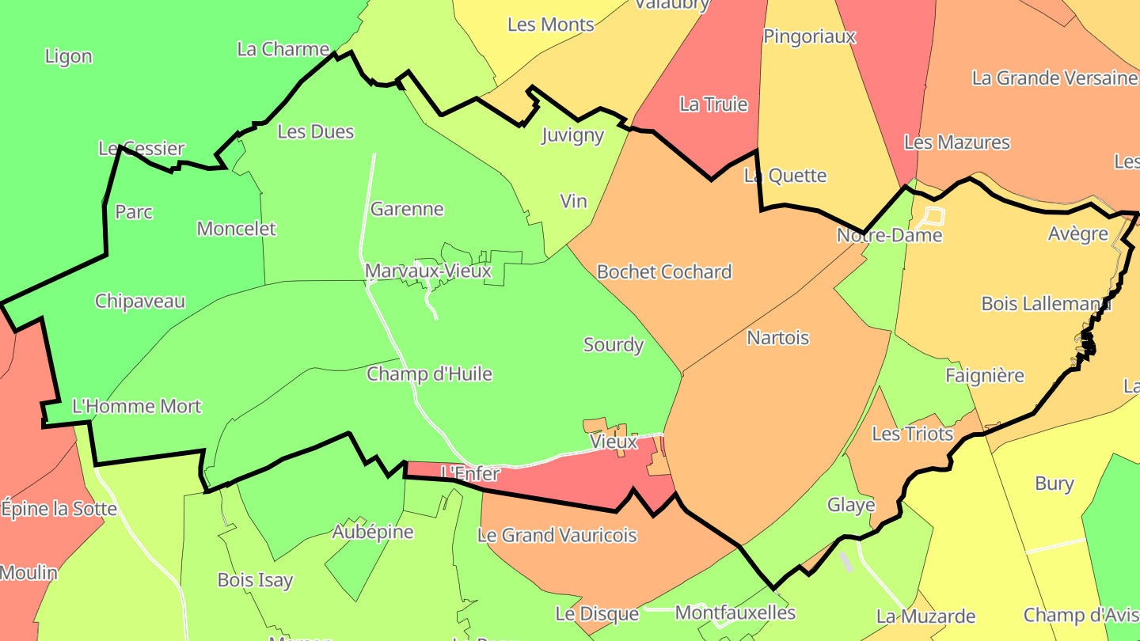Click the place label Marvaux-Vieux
point(427,271)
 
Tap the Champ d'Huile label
point(429,374)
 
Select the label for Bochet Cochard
point(663,272)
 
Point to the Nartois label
point(777,338)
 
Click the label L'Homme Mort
point(136,407)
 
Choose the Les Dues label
point(315,132)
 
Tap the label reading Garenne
point(407,210)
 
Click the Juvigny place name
point(572,135)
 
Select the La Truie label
point(713,104)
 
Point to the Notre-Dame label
point(889,236)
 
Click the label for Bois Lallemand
point(1045,304)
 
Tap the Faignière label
point(984,376)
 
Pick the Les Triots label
point(912,434)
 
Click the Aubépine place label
point(372,532)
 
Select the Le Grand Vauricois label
point(557,536)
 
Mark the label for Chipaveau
point(139,302)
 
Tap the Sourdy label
point(613,345)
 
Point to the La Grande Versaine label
point(1054,78)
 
